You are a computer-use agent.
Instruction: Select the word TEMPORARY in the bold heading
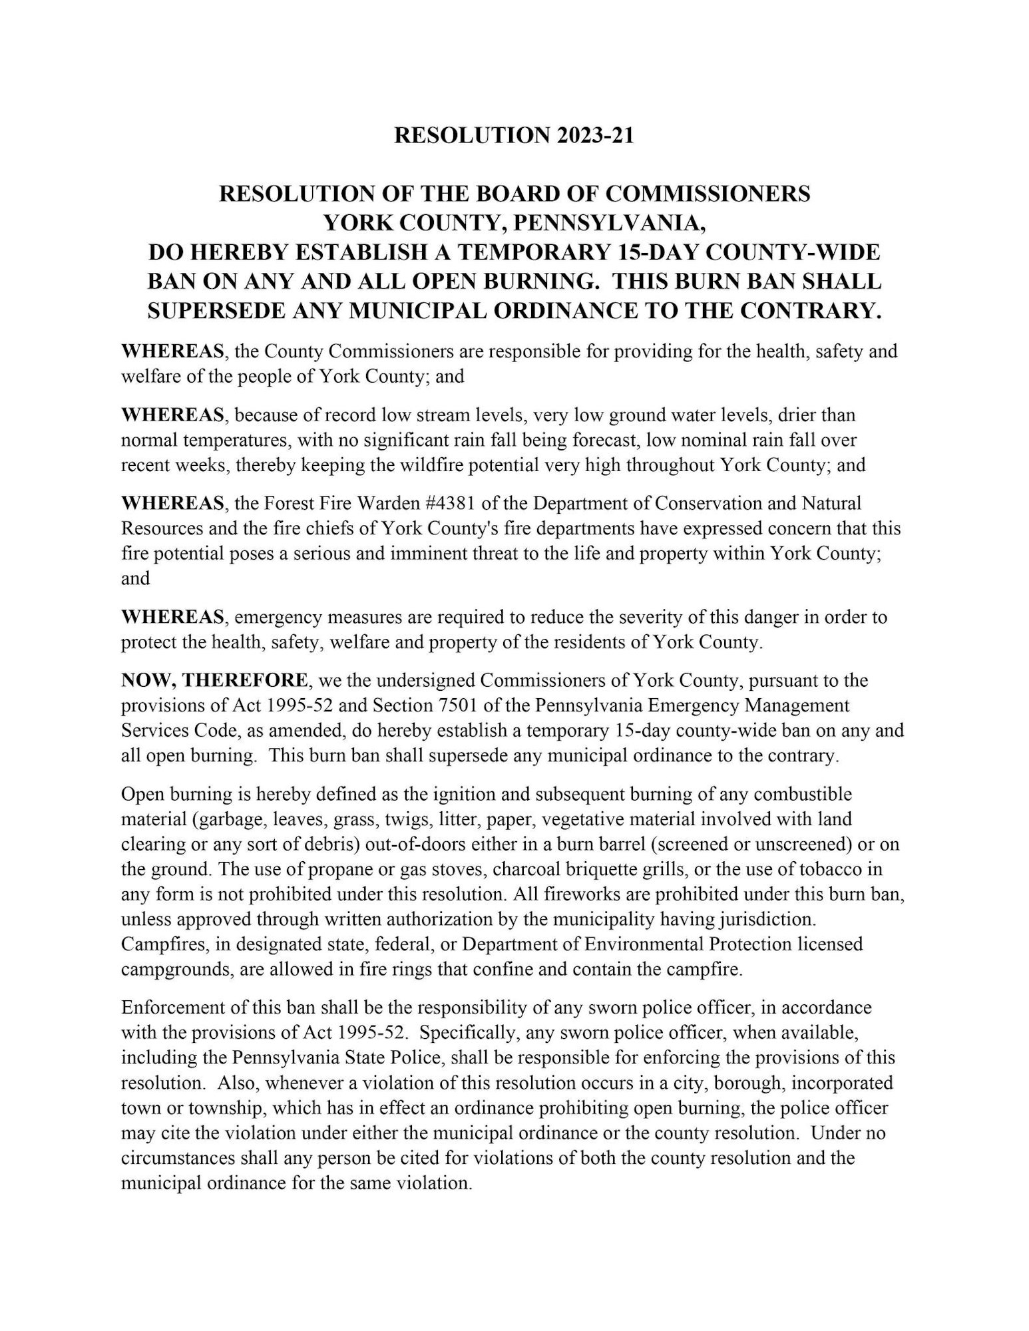(541, 252)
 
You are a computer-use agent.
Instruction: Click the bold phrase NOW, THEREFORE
(215, 681)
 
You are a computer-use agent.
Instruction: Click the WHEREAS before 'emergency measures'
(172, 617)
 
